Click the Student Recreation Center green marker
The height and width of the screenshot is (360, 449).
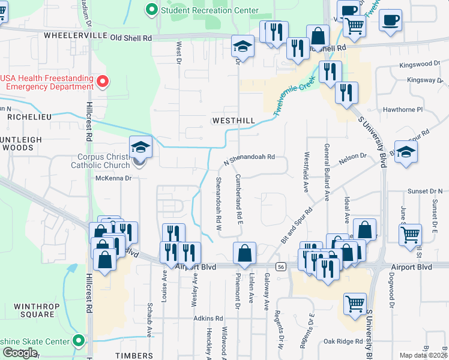[151, 10]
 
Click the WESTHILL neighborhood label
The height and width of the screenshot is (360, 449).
[233, 121]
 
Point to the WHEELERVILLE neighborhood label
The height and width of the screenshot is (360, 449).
[75, 37]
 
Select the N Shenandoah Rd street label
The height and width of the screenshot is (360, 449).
[249, 159]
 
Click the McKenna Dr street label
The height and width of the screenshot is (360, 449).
[113, 178]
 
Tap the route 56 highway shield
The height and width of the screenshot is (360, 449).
[280, 266]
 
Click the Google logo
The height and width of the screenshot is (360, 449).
[20, 353]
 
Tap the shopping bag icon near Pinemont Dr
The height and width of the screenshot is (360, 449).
[245, 253]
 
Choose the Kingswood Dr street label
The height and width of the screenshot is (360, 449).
[416, 63]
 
